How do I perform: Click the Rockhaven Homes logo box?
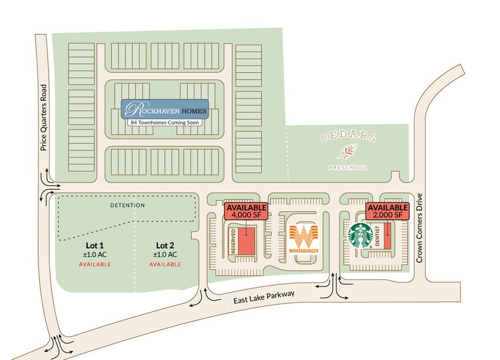tap(165, 108)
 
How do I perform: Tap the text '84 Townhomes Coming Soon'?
tap(165, 122)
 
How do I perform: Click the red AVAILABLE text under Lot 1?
tap(94, 264)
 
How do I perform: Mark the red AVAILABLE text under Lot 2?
tap(165, 264)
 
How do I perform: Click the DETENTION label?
tap(127, 205)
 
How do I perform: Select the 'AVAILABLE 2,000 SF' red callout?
tap(387, 211)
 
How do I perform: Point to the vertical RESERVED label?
tap(233, 241)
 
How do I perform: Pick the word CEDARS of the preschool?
tap(348, 137)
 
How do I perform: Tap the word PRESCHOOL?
tap(348, 167)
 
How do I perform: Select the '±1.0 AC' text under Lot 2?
tap(165, 255)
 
